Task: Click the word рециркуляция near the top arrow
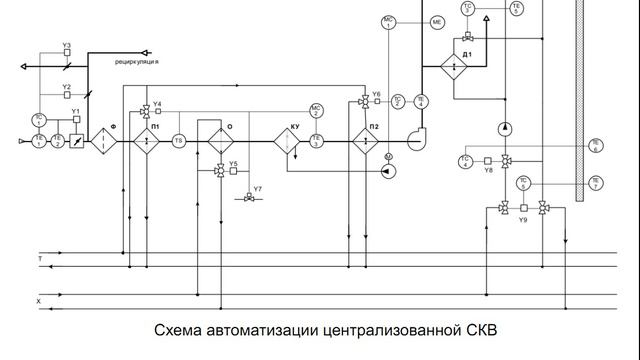coord(138,61)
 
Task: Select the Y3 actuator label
coord(67,46)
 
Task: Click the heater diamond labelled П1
coord(147,141)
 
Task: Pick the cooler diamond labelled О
coord(220,141)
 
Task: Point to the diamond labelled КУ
coord(289,141)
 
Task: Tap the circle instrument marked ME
coord(436,21)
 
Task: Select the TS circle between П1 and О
coord(179,141)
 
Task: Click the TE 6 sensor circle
coord(595,145)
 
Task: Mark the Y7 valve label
coord(258,189)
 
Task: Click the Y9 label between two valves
coord(523,219)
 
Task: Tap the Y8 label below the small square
coord(489,171)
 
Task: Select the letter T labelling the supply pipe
coord(40,258)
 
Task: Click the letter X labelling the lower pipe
coord(39,300)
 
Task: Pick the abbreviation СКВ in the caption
coord(478,330)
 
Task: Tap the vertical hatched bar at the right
coord(578,100)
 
